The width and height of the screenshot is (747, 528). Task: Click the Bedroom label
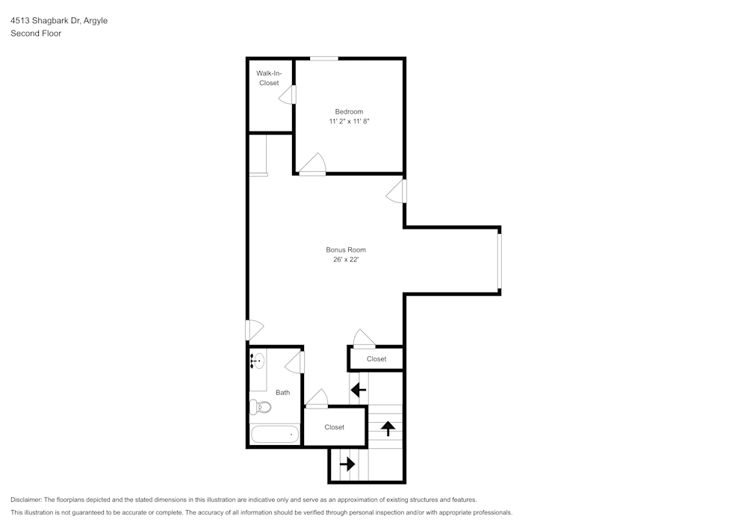tap(349, 111)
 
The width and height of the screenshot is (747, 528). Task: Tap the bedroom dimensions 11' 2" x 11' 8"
tap(349, 121)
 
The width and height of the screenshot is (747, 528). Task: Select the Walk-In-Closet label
tap(269, 78)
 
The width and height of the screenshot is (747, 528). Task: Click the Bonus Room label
tap(346, 249)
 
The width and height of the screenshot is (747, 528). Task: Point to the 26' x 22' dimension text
tap(346, 260)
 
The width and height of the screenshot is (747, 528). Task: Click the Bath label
tap(282, 392)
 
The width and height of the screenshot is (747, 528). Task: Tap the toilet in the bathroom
tap(259, 407)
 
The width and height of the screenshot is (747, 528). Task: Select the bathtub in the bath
tap(274, 434)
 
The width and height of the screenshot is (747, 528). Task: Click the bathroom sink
tap(258, 361)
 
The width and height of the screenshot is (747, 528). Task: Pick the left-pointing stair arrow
tap(359, 389)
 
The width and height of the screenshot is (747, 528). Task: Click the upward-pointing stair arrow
tap(388, 428)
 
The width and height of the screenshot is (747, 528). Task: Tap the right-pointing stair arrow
tap(347, 464)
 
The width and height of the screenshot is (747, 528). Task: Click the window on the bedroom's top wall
tap(324, 58)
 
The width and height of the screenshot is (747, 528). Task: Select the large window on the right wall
tap(499, 260)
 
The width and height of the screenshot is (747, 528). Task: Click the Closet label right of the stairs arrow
tap(376, 359)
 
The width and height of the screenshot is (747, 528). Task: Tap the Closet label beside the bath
tap(334, 427)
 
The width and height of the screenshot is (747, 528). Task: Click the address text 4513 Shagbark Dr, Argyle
tap(59, 21)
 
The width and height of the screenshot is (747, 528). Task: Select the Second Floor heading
tap(36, 34)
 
